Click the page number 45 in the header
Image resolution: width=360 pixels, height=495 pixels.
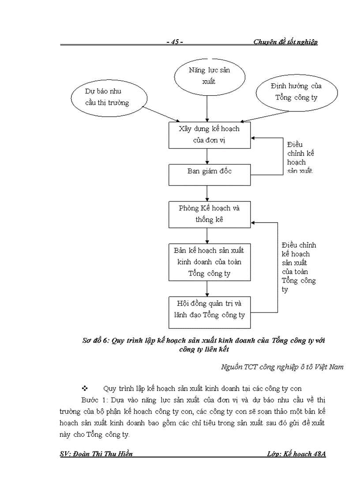(x=175, y=42)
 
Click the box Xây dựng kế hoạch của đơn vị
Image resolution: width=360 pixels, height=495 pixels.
(x=210, y=135)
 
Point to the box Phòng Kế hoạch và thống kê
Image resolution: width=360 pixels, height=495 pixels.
(x=210, y=214)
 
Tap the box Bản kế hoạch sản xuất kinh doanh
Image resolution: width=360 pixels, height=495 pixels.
(x=210, y=262)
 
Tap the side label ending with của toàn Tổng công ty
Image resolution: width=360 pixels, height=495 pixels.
(x=299, y=267)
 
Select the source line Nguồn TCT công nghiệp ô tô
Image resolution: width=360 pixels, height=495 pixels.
(x=282, y=366)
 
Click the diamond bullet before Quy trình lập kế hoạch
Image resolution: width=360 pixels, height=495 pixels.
(x=84, y=388)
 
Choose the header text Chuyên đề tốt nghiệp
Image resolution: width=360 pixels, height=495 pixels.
(x=285, y=42)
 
